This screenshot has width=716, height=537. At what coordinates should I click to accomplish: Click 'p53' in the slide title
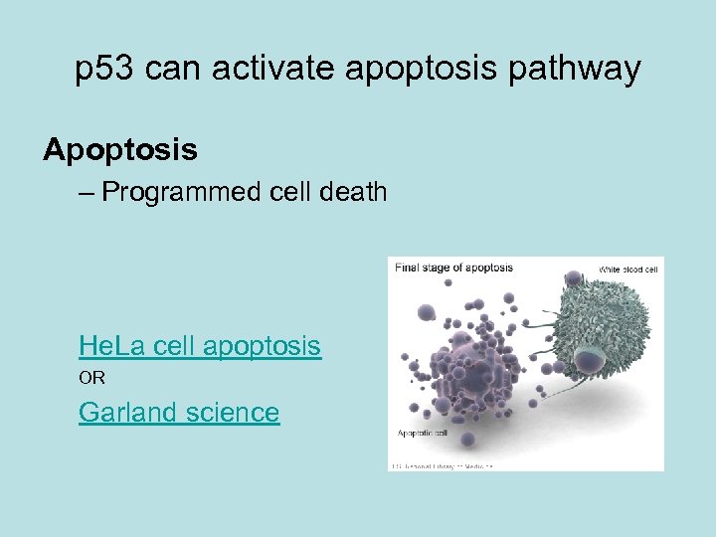103,70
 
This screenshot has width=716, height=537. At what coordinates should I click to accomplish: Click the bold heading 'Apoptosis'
120,150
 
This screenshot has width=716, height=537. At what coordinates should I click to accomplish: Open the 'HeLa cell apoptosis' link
200,346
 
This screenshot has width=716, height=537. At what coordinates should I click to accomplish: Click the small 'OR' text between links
91,378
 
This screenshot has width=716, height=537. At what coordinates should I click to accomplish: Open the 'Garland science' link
179,412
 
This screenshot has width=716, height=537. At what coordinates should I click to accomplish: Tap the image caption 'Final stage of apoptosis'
453,268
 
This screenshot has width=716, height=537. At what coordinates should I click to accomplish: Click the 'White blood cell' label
627,269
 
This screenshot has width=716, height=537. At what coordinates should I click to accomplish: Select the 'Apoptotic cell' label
422,434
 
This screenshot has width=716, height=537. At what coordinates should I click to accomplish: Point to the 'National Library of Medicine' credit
442,464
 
